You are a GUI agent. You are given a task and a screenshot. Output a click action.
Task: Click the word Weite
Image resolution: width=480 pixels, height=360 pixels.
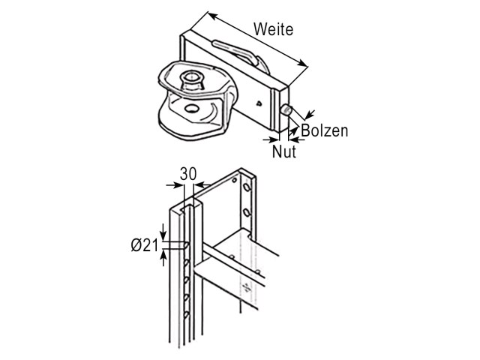273,29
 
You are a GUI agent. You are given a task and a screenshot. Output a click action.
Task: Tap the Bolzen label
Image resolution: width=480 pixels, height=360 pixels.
325,130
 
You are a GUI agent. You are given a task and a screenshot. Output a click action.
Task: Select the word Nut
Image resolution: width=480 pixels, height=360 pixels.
284,151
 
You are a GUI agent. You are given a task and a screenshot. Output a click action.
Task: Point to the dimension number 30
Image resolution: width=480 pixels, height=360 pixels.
188,174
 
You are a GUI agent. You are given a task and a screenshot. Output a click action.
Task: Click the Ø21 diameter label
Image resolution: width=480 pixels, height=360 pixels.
145,245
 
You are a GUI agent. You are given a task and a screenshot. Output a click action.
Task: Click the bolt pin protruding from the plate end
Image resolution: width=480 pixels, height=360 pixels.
287,110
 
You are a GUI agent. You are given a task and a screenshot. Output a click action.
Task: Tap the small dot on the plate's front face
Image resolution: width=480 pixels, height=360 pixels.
259,103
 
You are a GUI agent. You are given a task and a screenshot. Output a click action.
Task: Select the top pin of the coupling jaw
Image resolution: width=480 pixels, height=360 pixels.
191,79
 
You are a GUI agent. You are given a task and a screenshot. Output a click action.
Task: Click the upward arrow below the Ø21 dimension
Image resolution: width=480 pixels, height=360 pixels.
163,258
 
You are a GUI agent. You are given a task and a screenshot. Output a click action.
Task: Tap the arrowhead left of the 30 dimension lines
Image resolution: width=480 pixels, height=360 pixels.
178,185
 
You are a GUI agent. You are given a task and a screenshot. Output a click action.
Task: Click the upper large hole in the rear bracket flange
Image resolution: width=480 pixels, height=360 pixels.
247,187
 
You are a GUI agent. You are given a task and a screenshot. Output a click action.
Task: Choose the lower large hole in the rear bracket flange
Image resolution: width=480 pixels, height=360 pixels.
246,211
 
